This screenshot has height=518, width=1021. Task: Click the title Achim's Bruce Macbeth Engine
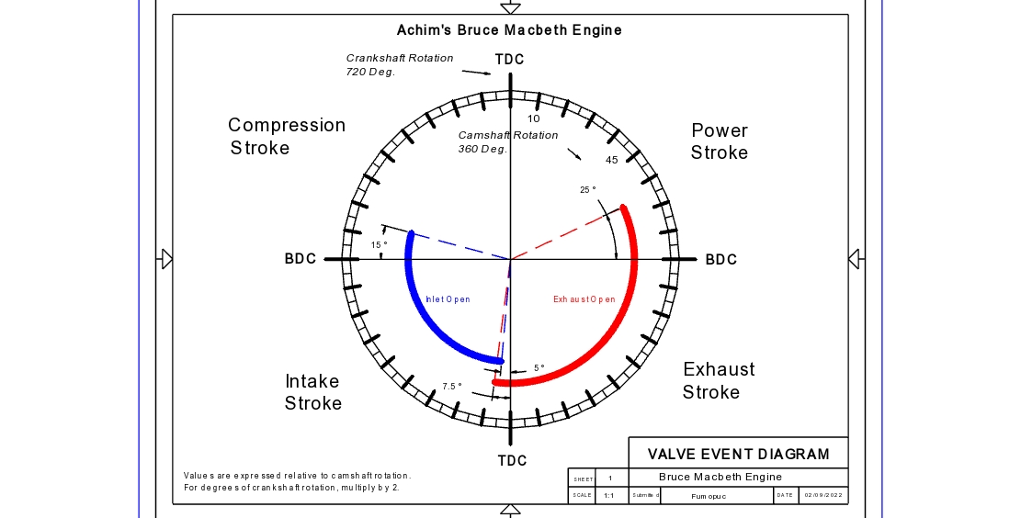(509, 30)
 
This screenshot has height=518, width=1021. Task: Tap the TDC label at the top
(510, 60)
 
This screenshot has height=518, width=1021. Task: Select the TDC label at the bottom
(513, 460)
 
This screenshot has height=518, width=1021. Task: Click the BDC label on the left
(301, 260)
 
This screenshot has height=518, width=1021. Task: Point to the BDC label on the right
(721, 260)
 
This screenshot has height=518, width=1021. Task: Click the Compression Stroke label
(287, 136)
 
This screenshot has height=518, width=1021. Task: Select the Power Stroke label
(720, 141)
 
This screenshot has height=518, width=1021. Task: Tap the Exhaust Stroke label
(719, 380)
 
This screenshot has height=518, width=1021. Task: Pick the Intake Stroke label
(312, 392)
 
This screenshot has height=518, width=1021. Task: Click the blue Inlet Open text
(448, 299)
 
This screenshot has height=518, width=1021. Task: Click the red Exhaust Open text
(584, 299)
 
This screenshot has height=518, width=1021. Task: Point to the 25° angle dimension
(588, 190)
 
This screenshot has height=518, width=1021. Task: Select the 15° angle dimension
(380, 245)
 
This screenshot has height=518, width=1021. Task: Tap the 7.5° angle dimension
(452, 387)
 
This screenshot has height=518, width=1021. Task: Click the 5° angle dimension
(539, 368)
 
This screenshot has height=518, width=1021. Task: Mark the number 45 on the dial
(612, 161)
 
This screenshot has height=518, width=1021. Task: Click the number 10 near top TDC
(534, 118)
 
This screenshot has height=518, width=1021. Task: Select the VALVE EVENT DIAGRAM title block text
(738, 454)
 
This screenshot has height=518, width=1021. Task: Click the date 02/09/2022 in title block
(823, 496)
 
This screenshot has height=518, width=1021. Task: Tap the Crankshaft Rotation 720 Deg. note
(399, 64)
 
